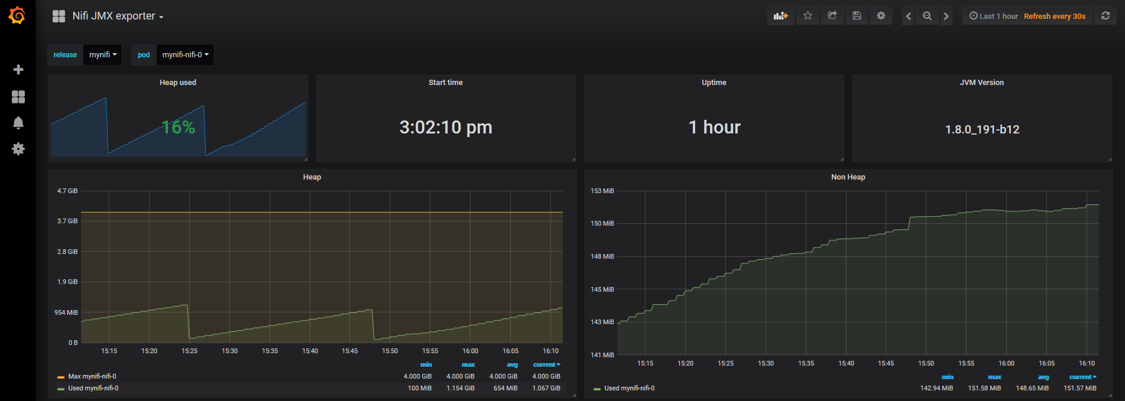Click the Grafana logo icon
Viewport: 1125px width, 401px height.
pos(17,16)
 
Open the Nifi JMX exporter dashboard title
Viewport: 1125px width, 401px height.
pos(114,17)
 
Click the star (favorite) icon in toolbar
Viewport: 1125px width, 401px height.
pos(808,16)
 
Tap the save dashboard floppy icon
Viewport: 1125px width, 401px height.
pos(857,16)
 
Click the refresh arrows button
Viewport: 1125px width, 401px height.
pos(1105,16)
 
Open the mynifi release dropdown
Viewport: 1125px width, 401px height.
pos(103,55)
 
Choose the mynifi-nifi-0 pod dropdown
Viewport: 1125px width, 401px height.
pos(185,55)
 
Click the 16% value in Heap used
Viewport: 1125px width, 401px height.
pos(179,127)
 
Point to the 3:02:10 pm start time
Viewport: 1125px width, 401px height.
pos(446,127)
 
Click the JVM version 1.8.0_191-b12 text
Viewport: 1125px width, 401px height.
pos(982,129)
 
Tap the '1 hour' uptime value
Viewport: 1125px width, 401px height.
pos(714,127)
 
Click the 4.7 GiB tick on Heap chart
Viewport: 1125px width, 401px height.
pos(67,191)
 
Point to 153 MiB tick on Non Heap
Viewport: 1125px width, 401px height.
pos(602,191)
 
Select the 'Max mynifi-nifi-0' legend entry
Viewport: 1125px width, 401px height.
pos(92,376)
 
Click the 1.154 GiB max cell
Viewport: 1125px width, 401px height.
pos(460,388)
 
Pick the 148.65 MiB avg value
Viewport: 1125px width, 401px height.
pos(1032,388)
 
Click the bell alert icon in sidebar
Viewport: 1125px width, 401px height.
pos(18,123)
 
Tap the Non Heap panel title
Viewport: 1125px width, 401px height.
pos(848,177)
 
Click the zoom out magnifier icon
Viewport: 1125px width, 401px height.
pos(927,16)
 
